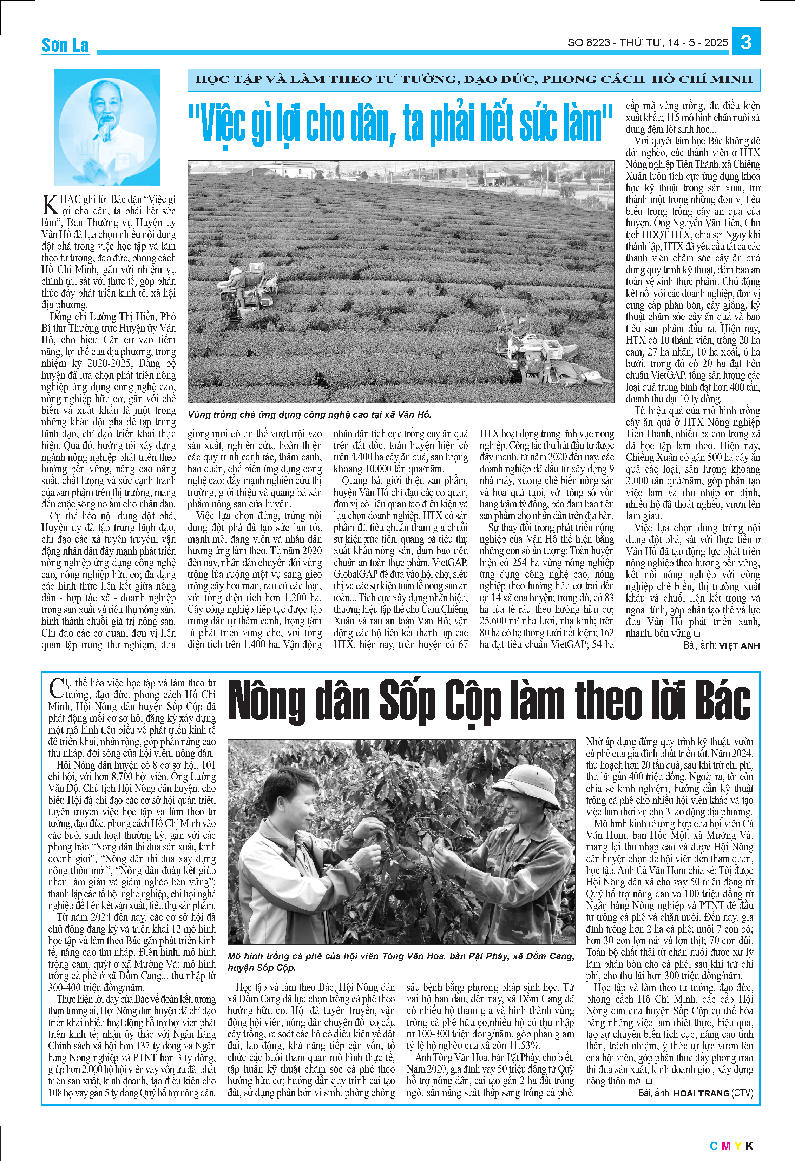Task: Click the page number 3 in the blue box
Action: pos(746,42)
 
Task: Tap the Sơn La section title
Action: pos(65,46)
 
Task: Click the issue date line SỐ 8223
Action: pos(647,43)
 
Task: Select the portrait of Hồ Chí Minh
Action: pos(107,127)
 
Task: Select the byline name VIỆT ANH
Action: pos(739,645)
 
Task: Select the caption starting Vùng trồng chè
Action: pos(309,414)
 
